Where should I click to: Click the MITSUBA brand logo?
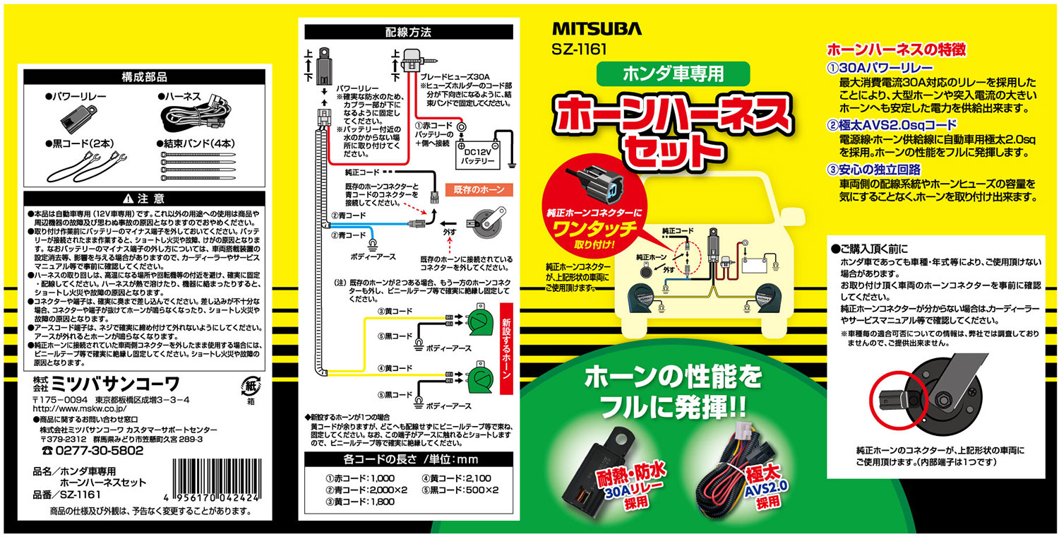pyautogui.click(x=597, y=29)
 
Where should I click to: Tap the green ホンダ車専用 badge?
pyautogui.click(x=662, y=73)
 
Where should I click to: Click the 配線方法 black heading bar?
pyautogui.click(x=408, y=32)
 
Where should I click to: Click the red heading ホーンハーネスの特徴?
pyautogui.click(x=895, y=50)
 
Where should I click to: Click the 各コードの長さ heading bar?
pyautogui.click(x=408, y=459)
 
